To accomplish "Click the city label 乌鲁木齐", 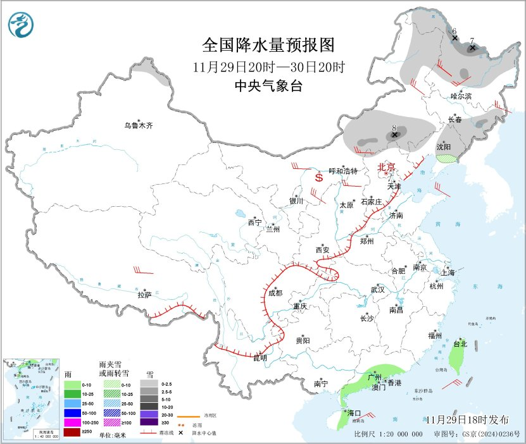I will click(139, 125).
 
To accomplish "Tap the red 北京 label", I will click(386, 168).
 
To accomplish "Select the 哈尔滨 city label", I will click(461, 96).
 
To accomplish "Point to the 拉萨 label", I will click(144, 295).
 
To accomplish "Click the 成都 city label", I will click(275, 293).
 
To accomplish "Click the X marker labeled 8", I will click(395, 135).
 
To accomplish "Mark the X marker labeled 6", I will click(454, 38).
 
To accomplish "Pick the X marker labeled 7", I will click(472, 47).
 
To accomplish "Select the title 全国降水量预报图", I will click(267, 46).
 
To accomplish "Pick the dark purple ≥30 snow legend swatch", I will click(149, 422).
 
